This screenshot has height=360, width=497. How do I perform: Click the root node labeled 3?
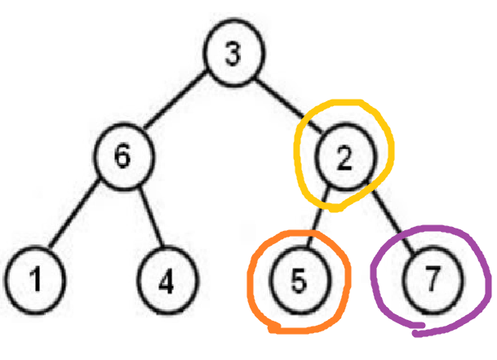click(233, 56)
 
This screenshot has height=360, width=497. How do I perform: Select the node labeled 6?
click(122, 158)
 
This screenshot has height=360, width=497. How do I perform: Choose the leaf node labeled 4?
click(166, 282)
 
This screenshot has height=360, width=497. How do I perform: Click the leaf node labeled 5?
click(299, 282)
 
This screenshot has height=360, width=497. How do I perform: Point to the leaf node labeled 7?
click(432, 282)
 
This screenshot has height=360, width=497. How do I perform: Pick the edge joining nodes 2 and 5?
click(321, 219)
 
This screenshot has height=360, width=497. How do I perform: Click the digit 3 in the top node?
click(233, 56)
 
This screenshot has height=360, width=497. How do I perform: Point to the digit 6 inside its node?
click(122, 158)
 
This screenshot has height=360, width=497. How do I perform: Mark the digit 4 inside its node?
click(166, 282)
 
